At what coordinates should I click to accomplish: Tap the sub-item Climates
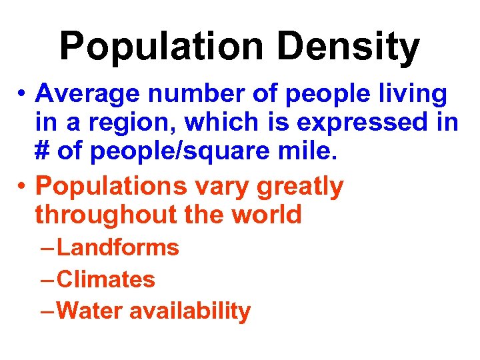click(106, 279)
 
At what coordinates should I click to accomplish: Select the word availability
click(190, 311)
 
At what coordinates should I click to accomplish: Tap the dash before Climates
click(47, 280)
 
